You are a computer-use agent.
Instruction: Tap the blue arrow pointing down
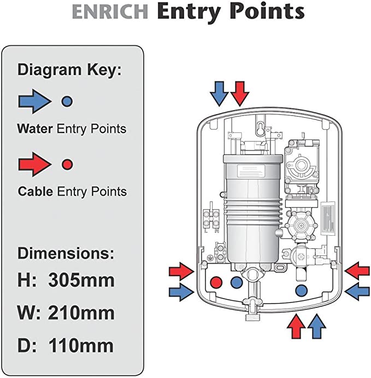[220, 93]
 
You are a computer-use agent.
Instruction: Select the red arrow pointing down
[239, 93]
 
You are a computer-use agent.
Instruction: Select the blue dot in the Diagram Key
[67, 101]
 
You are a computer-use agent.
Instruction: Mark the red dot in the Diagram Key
[67, 164]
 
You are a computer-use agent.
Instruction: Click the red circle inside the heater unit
[217, 282]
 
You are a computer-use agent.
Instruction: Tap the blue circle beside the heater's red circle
[237, 282]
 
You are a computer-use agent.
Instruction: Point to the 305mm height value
[81, 281]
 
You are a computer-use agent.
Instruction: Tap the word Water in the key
[35, 129]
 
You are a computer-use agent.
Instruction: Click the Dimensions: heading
[66, 254]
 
